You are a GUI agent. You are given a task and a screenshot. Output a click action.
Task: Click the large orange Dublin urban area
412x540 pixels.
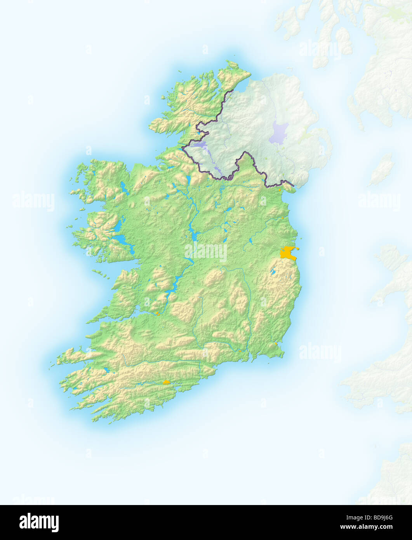tap(288, 253)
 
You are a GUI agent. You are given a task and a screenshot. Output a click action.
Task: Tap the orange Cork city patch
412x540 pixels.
tap(167, 382)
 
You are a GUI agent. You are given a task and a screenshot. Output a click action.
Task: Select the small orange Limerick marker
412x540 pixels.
tap(157, 314)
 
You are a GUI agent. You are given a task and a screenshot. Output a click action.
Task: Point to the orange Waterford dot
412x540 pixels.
tap(240, 351)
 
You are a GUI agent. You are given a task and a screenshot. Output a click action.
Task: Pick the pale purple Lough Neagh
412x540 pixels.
tap(279, 132)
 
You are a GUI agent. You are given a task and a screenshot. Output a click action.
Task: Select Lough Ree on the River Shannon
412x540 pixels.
tap(193, 233)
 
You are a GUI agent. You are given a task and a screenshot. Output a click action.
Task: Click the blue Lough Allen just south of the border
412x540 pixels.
tap(189, 179)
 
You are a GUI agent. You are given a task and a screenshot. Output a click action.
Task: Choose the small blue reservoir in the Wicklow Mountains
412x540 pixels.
tap(274, 272)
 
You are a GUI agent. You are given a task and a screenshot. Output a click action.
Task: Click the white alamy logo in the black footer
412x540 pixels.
tap(39, 522)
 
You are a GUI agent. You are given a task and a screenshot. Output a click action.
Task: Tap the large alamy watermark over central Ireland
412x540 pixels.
tap(206, 252)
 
